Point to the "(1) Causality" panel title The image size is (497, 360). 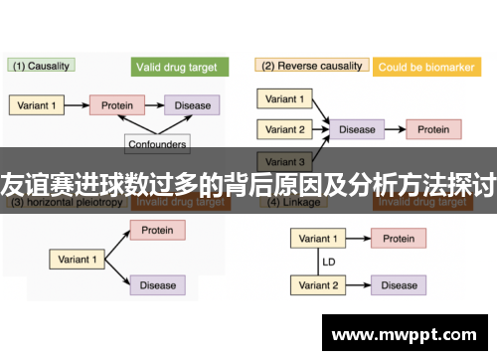(x=42, y=66)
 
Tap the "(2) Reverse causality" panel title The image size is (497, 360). (x=311, y=66)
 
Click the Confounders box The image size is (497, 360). (x=158, y=144)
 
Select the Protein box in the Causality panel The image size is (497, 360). (x=118, y=104)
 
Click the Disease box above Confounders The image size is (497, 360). (x=193, y=104)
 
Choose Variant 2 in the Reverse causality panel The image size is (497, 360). (x=286, y=129)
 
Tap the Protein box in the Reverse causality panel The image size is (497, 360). (x=432, y=129)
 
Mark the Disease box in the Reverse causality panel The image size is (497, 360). (x=357, y=129)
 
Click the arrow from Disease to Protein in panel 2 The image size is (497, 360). (x=394, y=129)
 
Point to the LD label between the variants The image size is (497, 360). (x=327, y=263)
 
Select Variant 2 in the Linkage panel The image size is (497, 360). (x=317, y=285)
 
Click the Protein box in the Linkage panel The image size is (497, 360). (x=399, y=239)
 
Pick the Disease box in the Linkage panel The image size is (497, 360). (x=399, y=285)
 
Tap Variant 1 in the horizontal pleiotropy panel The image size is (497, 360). (x=78, y=259)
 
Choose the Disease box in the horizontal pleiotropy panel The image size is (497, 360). (x=157, y=285)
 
